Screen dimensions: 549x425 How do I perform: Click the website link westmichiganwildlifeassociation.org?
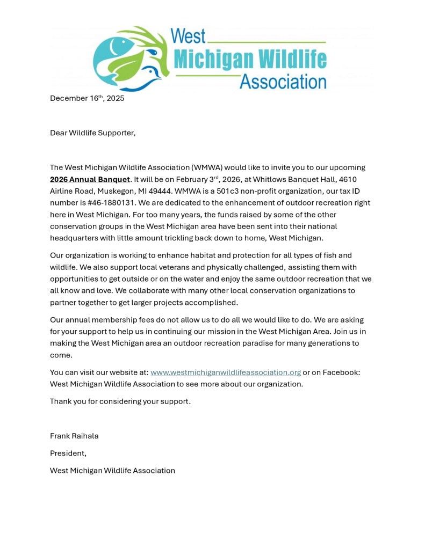(x=225, y=372)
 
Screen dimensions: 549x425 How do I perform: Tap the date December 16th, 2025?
(x=87, y=98)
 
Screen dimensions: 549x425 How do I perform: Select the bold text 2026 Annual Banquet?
(x=90, y=179)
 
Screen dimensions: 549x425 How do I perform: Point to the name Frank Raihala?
(x=74, y=436)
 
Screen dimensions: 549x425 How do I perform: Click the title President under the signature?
(x=68, y=453)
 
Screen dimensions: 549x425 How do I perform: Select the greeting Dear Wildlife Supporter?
(x=92, y=133)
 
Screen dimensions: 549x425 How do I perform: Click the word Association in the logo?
(x=283, y=82)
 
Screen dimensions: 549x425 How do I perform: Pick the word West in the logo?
(x=188, y=36)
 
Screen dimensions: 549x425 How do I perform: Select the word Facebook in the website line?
(x=340, y=372)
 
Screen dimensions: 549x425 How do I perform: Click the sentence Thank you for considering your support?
(x=120, y=401)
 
